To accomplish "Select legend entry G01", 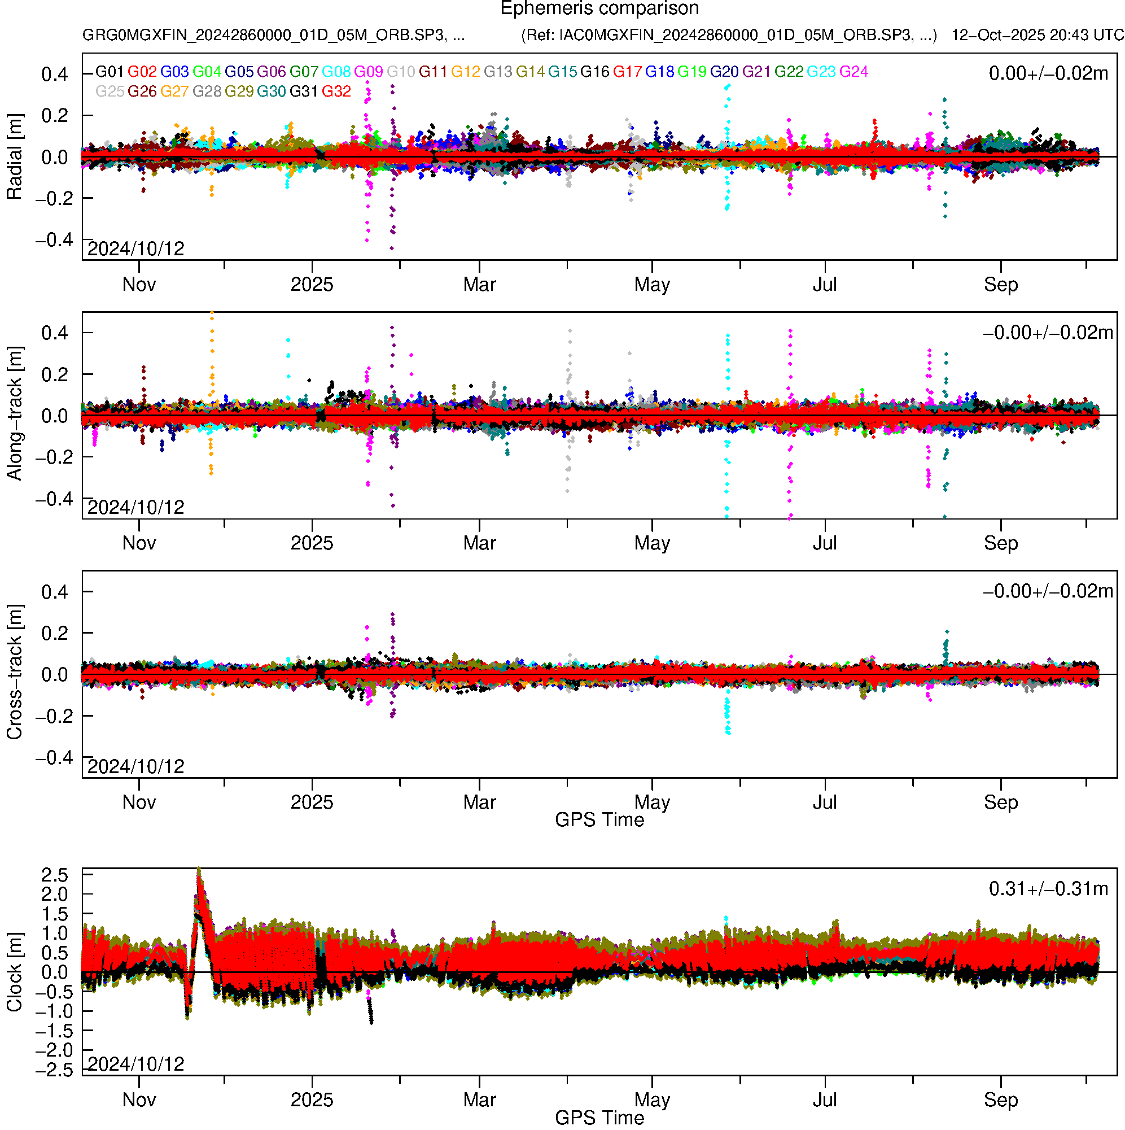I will coord(110,72).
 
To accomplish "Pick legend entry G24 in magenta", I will coord(853,72).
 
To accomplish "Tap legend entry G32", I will coord(336,92).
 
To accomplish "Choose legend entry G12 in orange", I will coord(466,72).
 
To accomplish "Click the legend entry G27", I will coord(174,92).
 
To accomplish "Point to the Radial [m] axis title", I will coord(14,157).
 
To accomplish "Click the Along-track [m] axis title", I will coord(14,413).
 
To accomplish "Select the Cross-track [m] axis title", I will coord(14,673).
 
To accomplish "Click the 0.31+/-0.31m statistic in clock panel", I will coord(1048,889).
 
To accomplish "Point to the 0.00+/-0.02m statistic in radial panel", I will coord(1048,73).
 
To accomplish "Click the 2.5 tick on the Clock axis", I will coord(54,875).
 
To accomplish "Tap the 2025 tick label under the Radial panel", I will coord(312,285).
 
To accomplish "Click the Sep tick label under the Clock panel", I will coord(1000,1100).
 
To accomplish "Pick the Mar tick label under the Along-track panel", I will coord(479,543).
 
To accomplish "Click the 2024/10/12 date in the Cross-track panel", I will coord(135,766).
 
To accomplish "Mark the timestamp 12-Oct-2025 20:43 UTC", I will coord(1037,35).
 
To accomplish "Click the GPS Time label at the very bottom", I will coord(599,1118).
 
